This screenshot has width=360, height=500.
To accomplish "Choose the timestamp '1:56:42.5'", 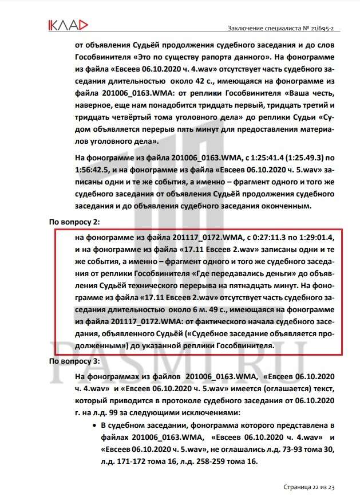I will tap(94, 170).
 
